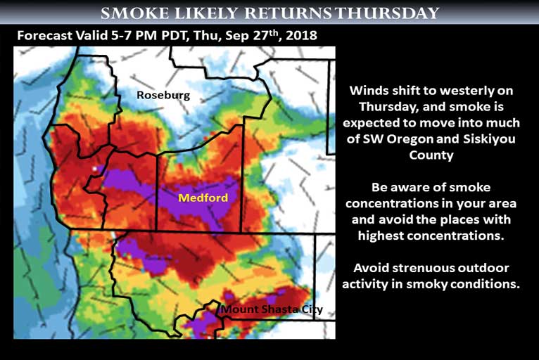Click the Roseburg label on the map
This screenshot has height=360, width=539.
(163, 95)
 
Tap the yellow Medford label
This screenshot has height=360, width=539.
(203, 198)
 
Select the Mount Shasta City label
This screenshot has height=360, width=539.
(272, 309)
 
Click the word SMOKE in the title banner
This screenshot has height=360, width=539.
(135, 13)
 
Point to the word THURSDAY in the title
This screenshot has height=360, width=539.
(388, 13)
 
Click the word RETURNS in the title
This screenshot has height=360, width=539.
(288, 13)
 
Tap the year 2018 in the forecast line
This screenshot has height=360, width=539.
(301, 35)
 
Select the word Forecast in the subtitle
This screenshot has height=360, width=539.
(45, 35)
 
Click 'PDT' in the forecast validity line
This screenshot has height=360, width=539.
(174, 35)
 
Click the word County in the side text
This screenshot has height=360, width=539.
(431, 155)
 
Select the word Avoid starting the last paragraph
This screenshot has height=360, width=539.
(371, 268)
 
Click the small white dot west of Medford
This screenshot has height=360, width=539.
(94, 169)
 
